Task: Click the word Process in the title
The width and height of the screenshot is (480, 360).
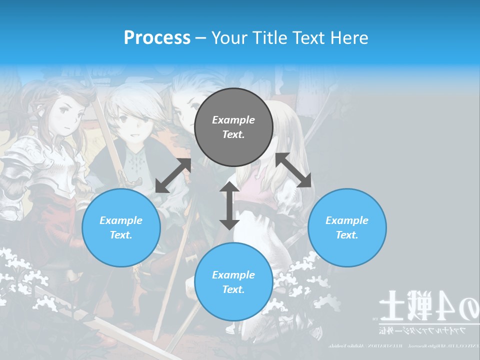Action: (157, 37)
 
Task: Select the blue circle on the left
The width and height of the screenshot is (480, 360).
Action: (121, 227)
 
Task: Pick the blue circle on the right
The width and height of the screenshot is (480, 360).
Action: (347, 227)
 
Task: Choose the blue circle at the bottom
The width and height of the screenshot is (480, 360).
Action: (233, 281)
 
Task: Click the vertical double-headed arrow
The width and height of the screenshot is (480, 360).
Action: (229, 205)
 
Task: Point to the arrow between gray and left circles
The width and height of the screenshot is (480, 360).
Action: (173, 175)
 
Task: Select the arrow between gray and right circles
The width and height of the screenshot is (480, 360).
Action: (293, 170)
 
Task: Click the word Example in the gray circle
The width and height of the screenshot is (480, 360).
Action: (233, 120)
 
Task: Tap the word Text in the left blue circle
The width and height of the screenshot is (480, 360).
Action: (121, 235)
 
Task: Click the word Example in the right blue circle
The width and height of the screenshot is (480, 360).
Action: (347, 220)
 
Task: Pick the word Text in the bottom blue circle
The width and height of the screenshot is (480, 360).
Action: (233, 289)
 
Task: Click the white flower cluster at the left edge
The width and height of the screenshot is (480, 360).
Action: (20, 272)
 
